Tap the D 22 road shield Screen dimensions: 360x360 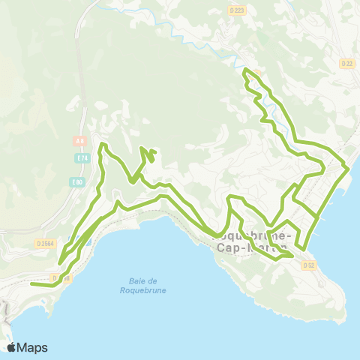click(347, 64)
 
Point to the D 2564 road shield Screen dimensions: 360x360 click(44, 243)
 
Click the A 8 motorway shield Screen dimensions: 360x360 click(79, 140)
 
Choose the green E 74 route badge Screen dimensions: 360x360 click(82, 158)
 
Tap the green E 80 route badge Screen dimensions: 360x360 click(76, 182)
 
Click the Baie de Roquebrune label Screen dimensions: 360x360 click(141, 286)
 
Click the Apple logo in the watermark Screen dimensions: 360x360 click(13, 347)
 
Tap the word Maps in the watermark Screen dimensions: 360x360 click(33, 347)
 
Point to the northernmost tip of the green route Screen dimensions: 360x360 click(244, 70)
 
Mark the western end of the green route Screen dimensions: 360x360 click(31, 284)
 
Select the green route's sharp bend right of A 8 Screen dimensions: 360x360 click(102, 143)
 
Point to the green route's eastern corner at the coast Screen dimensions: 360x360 click(349, 169)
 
